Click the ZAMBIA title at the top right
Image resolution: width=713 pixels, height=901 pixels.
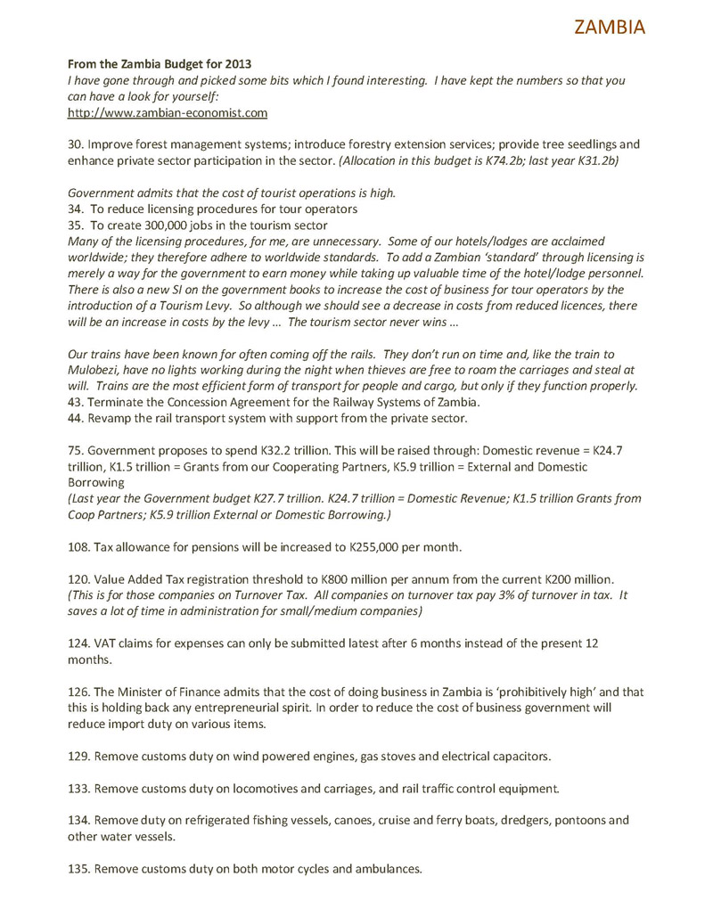[x=610, y=27]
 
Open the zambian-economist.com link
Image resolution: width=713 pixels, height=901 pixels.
[x=168, y=113]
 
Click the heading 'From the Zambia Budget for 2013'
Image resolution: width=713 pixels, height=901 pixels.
[x=160, y=63]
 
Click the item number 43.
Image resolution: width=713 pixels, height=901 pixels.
[x=76, y=402]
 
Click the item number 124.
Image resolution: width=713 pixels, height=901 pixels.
[x=79, y=643]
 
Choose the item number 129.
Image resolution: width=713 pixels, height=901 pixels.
[x=79, y=756]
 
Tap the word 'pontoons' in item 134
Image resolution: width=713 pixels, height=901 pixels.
[x=581, y=820]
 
